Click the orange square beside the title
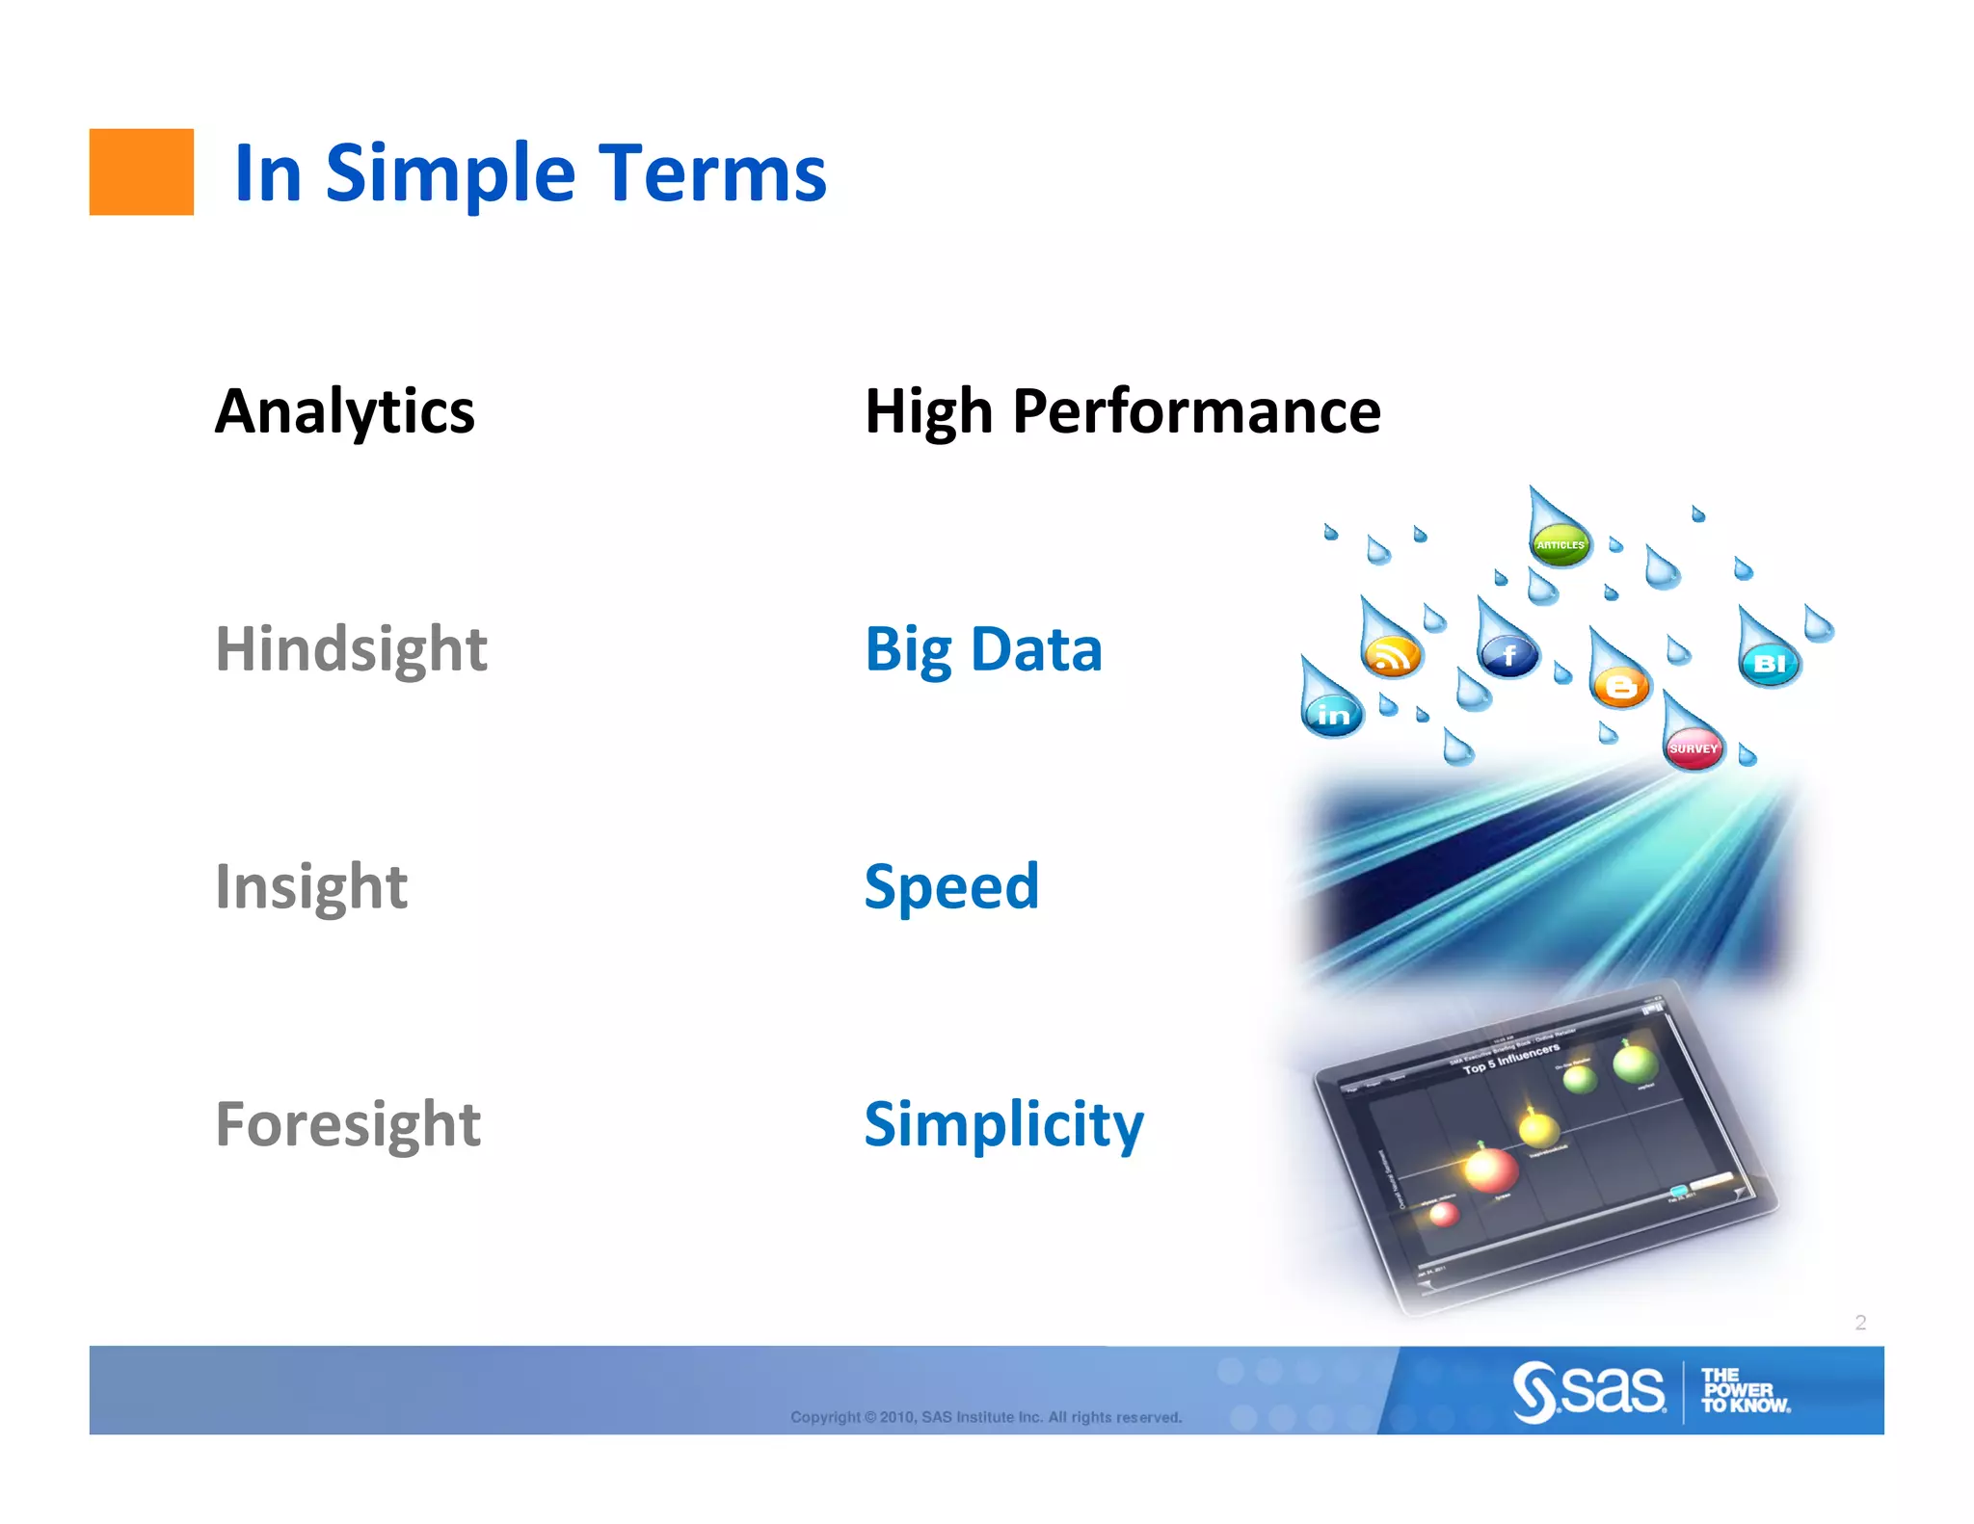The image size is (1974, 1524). (141, 171)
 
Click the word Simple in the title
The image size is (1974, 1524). (450, 174)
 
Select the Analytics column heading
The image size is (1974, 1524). (344, 411)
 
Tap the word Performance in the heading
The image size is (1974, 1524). (1196, 411)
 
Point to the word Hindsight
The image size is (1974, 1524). (351, 649)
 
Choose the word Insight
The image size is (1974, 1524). (310, 886)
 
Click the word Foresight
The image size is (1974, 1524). (347, 1124)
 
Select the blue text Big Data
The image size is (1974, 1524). (983, 649)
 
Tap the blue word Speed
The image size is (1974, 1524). (951, 886)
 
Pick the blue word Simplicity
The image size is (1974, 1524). (1003, 1124)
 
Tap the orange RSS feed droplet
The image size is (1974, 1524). (1391, 655)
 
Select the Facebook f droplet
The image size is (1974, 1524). (1508, 656)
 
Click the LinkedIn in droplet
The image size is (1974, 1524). (1333, 714)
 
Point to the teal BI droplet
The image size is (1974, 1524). (1770, 663)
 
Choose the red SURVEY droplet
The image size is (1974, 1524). (1694, 748)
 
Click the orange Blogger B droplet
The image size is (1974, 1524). (1621, 686)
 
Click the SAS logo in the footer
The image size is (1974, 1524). (1588, 1390)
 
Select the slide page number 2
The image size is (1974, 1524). (1860, 1323)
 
